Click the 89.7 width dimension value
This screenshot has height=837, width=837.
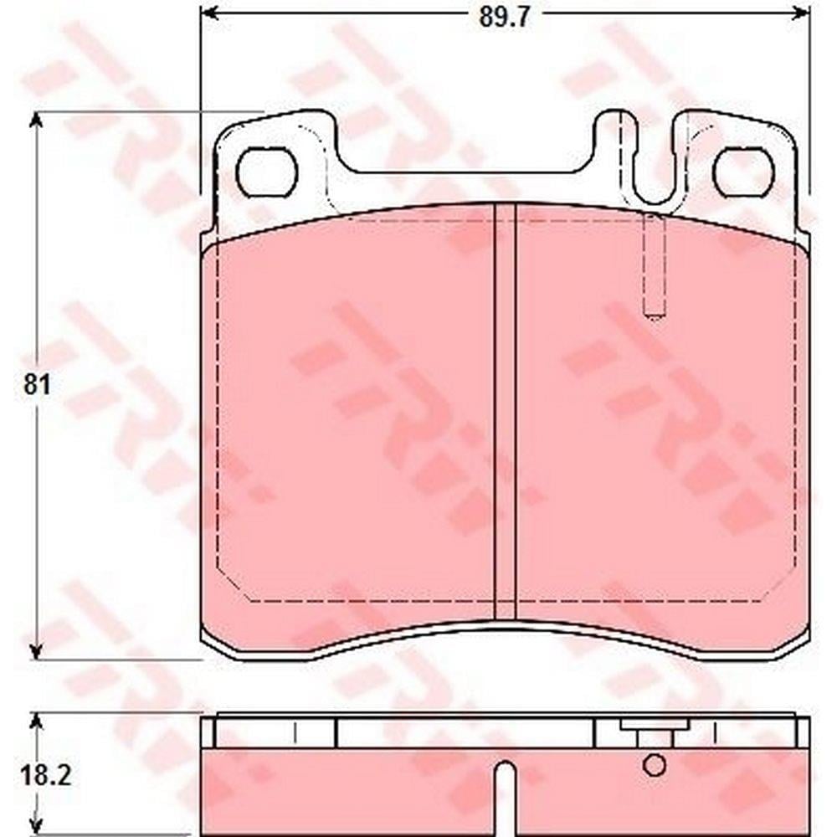click(x=504, y=18)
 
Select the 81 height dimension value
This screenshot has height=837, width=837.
click(x=36, y=385)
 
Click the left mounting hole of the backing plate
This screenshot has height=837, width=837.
click(x=266, y=172)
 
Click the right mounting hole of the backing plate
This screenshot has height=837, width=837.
click(x=743, y=172)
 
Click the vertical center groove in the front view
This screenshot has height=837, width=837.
click(x=505, y=411)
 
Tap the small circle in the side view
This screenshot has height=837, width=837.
click(x=655, y=766)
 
